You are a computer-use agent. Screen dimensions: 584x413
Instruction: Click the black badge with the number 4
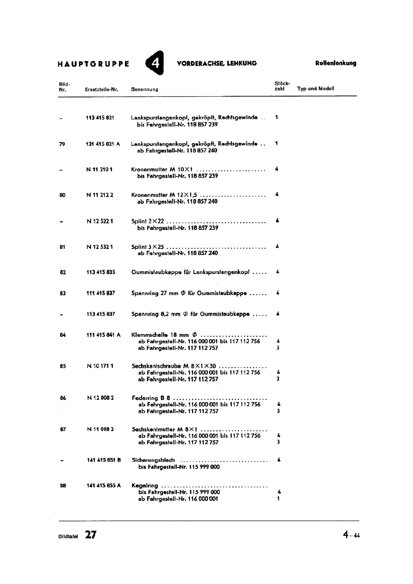(155, 63)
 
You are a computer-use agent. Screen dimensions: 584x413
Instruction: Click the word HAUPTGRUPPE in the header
(93, 64)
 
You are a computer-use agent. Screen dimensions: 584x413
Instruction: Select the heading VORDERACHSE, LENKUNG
(217, 63)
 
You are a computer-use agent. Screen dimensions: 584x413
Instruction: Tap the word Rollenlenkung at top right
(336, 63)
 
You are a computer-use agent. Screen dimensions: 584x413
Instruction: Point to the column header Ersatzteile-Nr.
(101, 89)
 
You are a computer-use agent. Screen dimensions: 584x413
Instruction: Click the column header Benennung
(144, 89)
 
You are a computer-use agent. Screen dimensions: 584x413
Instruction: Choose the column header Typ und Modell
(316, 89)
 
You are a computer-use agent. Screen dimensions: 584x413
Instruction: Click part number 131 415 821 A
(103, 144)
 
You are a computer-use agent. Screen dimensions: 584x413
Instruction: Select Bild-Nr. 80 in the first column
(62, 195)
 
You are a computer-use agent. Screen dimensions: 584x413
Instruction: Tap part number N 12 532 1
(100, 247)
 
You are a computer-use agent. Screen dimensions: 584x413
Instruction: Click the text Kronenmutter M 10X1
(162, 169)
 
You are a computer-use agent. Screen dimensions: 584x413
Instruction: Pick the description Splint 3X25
(147, 247)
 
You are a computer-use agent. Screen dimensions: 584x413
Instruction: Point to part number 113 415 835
(101, 272)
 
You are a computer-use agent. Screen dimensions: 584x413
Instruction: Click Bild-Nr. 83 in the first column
(63, 293)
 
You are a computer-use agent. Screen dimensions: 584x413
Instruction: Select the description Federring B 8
(151, 398)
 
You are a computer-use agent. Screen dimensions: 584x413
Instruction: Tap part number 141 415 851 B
(104, 460)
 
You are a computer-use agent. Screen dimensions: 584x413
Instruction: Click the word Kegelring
(145, 485)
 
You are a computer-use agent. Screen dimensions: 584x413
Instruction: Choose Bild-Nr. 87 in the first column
(63, 429)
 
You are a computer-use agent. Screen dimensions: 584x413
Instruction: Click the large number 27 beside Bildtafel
(91, 535)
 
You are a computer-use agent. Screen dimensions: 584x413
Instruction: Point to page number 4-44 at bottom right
(351, 535)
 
